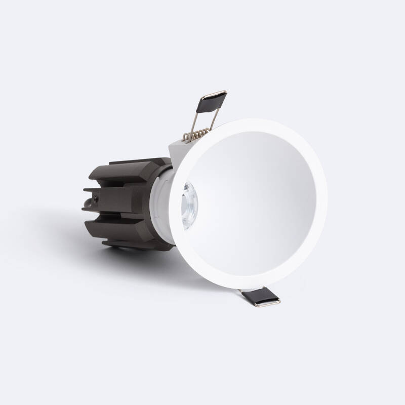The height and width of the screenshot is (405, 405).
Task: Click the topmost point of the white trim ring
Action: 248,119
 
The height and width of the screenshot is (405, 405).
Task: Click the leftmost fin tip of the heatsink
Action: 84,192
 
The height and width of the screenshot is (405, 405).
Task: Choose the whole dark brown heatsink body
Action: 127,202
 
